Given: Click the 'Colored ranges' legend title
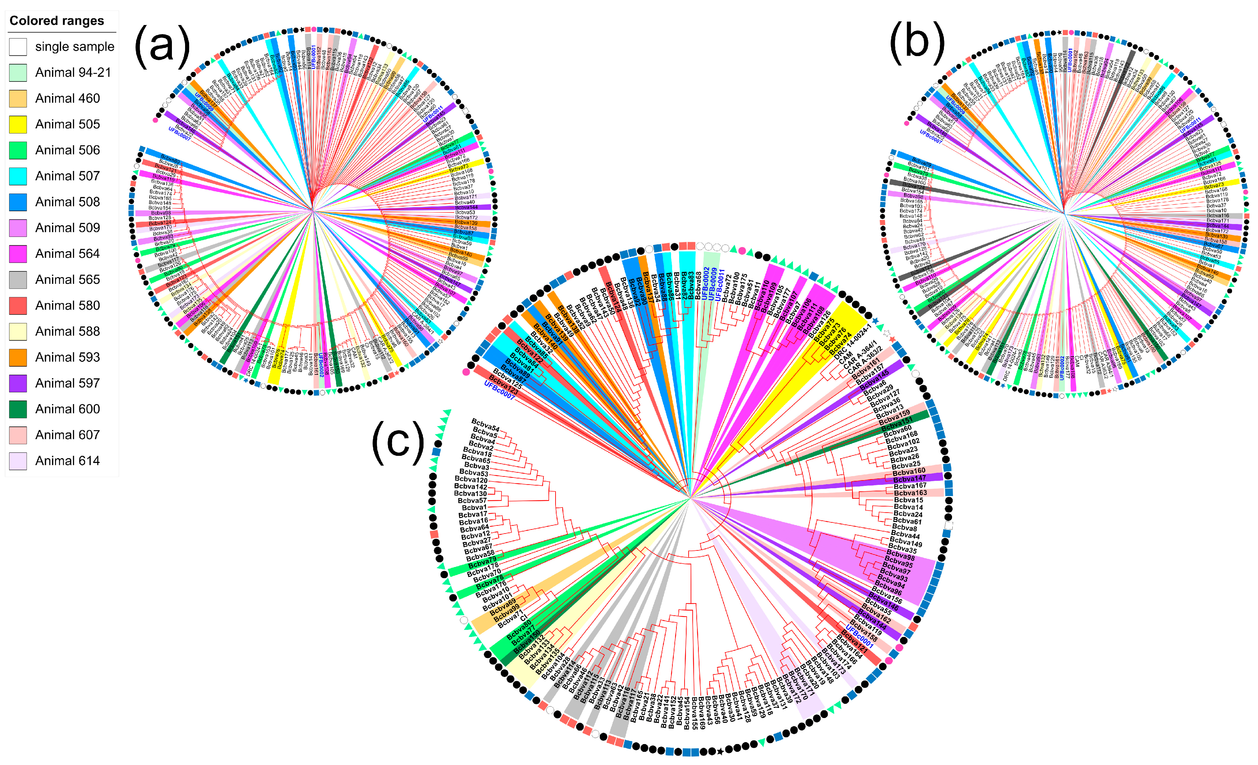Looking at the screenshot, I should point(57,21).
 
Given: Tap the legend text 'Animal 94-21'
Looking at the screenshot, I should point(73,73).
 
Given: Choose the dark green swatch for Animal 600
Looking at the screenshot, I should point(18,409).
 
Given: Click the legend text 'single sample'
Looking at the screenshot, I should point(75,47).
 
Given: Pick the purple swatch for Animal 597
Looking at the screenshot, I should point(18,383).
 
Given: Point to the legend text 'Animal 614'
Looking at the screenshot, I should point(68,461).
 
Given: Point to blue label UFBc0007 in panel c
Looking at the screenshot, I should point(499,391).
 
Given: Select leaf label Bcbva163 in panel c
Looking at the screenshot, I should point(910,493).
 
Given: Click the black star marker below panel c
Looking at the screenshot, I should point(720,751).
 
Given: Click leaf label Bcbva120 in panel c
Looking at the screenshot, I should point(471,480).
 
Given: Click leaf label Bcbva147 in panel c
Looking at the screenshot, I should point(910,478).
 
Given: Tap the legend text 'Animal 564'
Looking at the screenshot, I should point(68,254).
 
